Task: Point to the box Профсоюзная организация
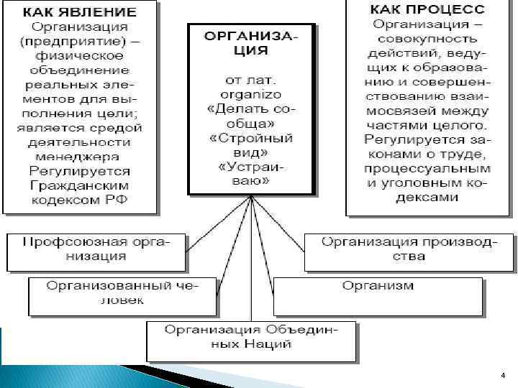[x=96, y=249]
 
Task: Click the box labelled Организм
[x=378, y=285]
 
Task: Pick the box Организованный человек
[x=122, y=292]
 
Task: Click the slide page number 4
[x=502, y=376]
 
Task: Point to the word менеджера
[x=80, y=157]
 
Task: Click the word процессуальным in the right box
[x=427, y=168]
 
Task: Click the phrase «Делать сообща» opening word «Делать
[x=232, y=108]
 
